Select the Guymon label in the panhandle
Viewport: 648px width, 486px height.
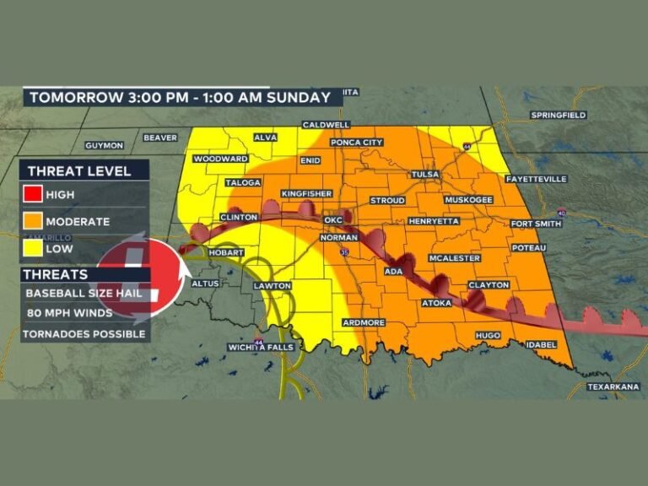pyautogui.click(x=104, y=145)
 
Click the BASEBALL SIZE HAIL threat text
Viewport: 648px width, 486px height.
pyautogui.click(x=84, y=294)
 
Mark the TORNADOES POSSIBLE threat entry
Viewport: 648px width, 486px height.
pyautogui.click(x=84, y=333)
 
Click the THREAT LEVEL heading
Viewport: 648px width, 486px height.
pyautogui.click(x=79, y=171)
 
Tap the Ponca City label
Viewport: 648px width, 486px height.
pyautogui.click(x=357, y=143)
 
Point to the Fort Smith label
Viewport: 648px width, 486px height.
pyautogui.click(x=535, y=223)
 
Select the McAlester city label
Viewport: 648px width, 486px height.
pyautogui.click(x=454, y=258)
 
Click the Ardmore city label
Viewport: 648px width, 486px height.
pyautogui.click(x=364, y=322)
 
